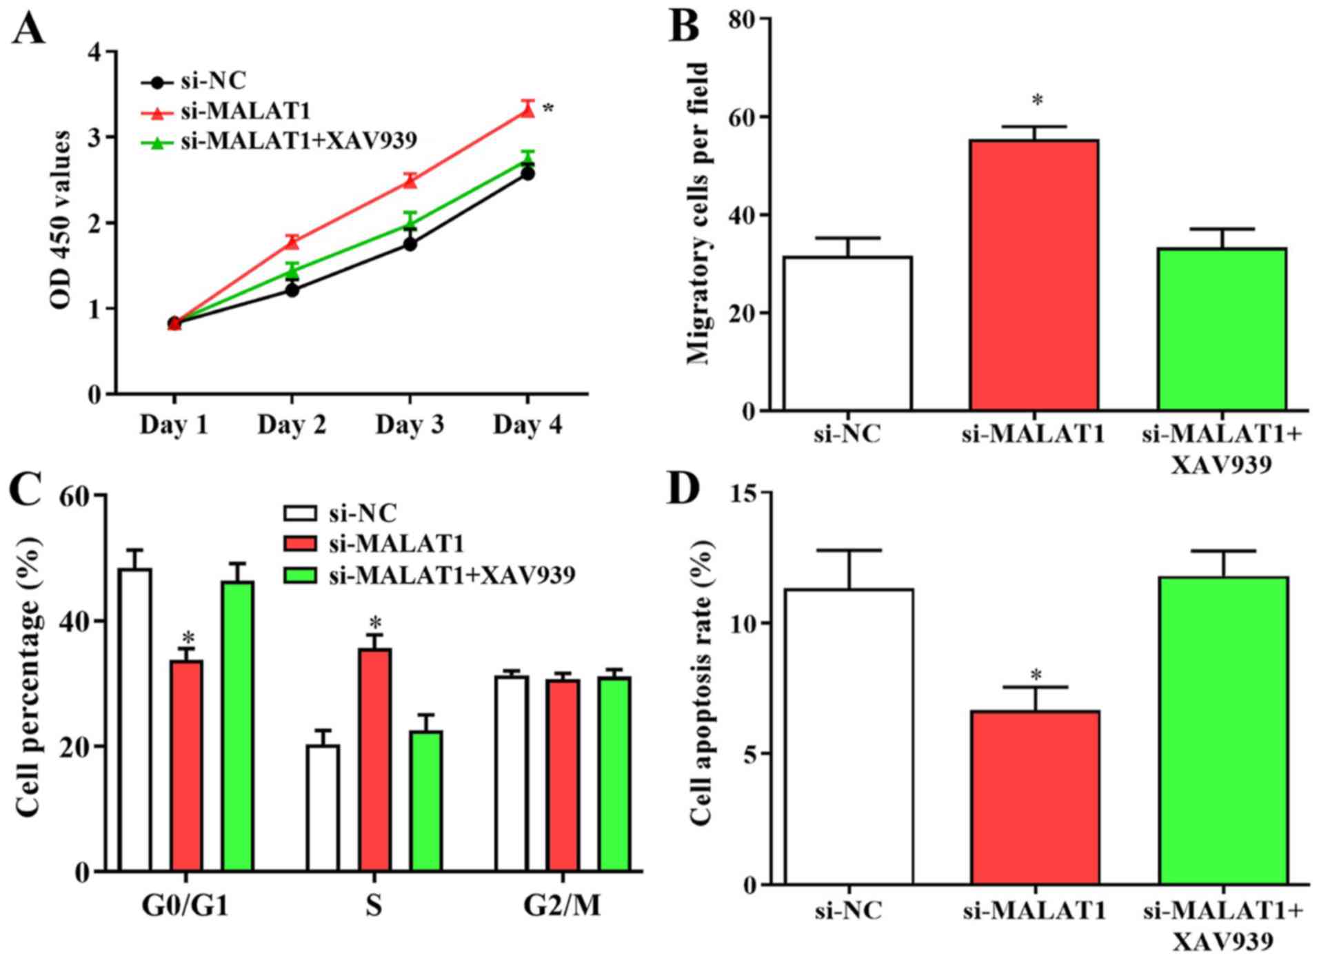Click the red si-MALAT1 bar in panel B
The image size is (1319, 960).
coord(1034,275)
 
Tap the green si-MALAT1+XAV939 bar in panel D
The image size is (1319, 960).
coord(1223,731)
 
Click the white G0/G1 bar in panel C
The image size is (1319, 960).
coord(135,719)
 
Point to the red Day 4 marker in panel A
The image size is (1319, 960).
coord(527,110)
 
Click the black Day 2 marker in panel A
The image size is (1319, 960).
coord(292,290)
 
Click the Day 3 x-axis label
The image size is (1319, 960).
coord(410,425)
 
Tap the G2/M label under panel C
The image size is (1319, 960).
coord(562,906)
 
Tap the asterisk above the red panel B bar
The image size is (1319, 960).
coord(1037,101)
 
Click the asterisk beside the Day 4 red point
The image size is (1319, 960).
coord(547,109)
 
